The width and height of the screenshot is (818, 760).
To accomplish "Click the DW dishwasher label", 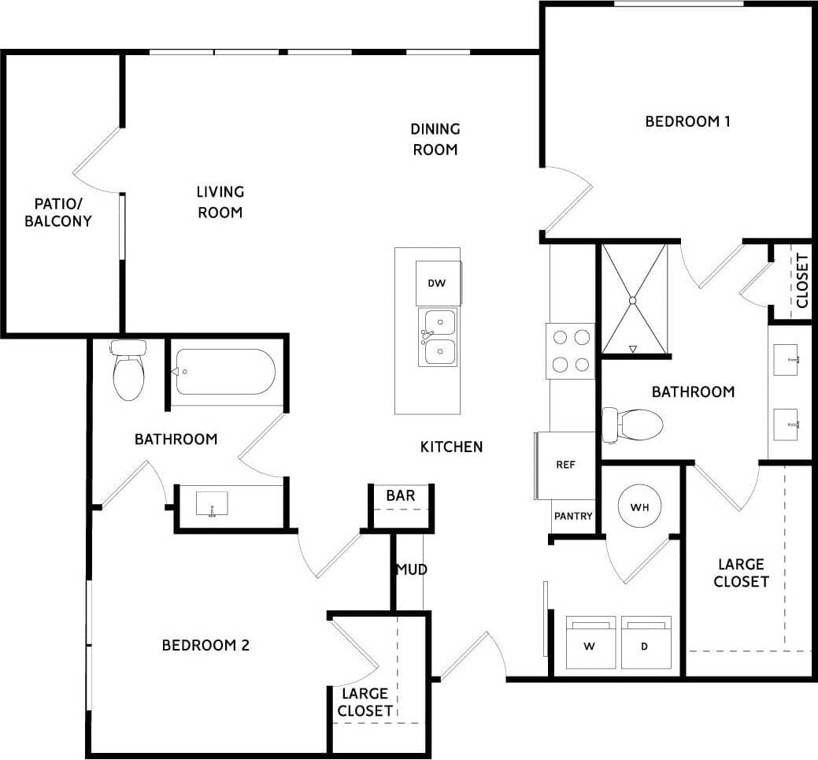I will [437, 283].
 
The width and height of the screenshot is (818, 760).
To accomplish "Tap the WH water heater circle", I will [638, 507].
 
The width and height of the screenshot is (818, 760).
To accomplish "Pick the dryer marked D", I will [645, 644].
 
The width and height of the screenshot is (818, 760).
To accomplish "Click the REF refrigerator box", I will [565, 465].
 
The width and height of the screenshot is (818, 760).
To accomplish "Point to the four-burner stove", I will [571, 350].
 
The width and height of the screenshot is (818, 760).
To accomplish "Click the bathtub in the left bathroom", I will [224, 372].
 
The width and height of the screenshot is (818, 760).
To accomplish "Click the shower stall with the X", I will [634, 299].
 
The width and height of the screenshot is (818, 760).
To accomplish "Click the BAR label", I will [400, 496].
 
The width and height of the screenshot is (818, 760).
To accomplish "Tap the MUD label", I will [411, 569].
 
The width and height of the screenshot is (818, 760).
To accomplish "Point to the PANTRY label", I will [573, 517].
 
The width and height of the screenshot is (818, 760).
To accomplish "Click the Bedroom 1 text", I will [688, 121].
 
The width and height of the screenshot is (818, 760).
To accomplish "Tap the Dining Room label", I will [435, 139].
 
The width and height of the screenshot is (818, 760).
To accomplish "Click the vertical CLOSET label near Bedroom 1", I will [801, 280].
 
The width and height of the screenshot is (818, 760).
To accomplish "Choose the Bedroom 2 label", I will [205, 645].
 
